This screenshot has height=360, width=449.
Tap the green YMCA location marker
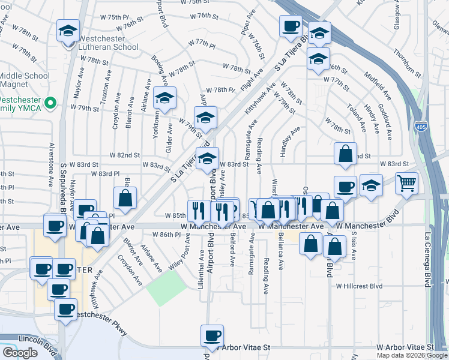coord(52,103)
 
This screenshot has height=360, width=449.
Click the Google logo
coord(20,353)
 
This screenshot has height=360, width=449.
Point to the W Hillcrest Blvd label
coord(359,286)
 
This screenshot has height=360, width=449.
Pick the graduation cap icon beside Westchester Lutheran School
coord(68,30)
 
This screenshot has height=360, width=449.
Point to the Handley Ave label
coord(290,142)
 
